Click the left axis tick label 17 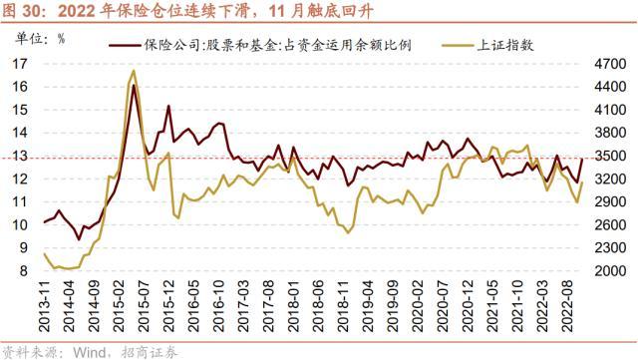tap(20, 64)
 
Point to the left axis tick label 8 tap(24, 271)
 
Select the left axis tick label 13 tap(20, 156)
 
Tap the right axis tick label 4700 tap(610, 64)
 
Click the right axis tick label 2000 tap(610, 271)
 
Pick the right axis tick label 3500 tap(610, 156)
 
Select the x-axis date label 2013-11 tap(44, 306)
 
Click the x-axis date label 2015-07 tap(143, 306)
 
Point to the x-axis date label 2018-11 tap(343, 306)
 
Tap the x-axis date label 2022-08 tap(567, 306)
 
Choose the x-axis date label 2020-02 tap(418, 306)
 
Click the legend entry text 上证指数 tap(505, 45)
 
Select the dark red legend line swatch tap(126, 45)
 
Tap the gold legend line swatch tap(459, 45)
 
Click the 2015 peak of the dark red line tap(134, 85)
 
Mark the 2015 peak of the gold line tap(134, 71)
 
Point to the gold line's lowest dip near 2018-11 tap(348, 232)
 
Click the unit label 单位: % tap(40, 39)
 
